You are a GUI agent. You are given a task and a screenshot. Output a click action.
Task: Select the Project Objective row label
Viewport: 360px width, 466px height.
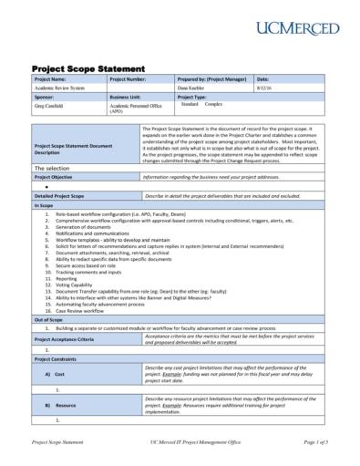[59, 177]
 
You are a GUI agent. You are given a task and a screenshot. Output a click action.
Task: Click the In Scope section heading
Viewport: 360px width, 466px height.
[46, 205]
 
